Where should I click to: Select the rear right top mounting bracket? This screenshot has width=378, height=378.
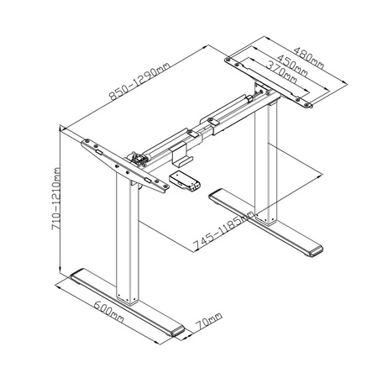(269, 79)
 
